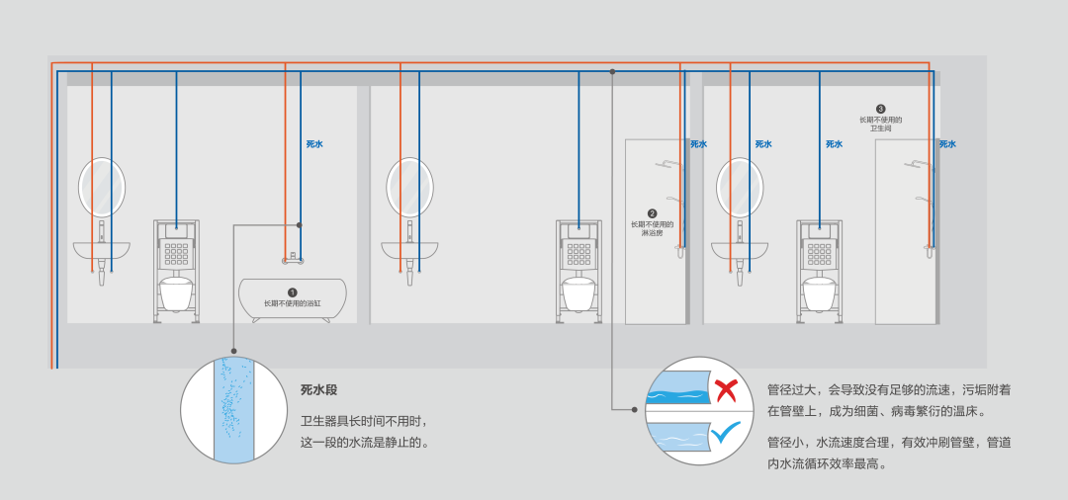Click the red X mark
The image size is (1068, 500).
[726, 390]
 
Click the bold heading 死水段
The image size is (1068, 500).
[318, 390]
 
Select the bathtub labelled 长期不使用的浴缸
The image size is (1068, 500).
[293, 297]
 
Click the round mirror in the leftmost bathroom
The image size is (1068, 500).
[102, 187]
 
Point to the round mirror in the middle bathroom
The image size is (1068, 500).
[409, 187]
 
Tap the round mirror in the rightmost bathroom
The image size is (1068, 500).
[740, 187]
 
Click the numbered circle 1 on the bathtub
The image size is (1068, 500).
[292, 292]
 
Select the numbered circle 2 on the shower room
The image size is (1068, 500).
[652, 212]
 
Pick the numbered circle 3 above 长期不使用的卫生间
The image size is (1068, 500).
[880, 109]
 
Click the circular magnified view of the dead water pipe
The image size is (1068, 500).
[233, 410]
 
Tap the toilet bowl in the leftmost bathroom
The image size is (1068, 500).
[176, 292]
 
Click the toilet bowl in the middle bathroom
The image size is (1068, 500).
[578, 292]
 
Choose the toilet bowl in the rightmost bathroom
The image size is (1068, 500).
[819, 292]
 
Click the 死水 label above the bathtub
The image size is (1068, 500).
[314, 144]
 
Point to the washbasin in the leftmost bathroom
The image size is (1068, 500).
[102, 250]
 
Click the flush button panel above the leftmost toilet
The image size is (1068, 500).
[176, 254]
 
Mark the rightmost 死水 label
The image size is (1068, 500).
[947, 144]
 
